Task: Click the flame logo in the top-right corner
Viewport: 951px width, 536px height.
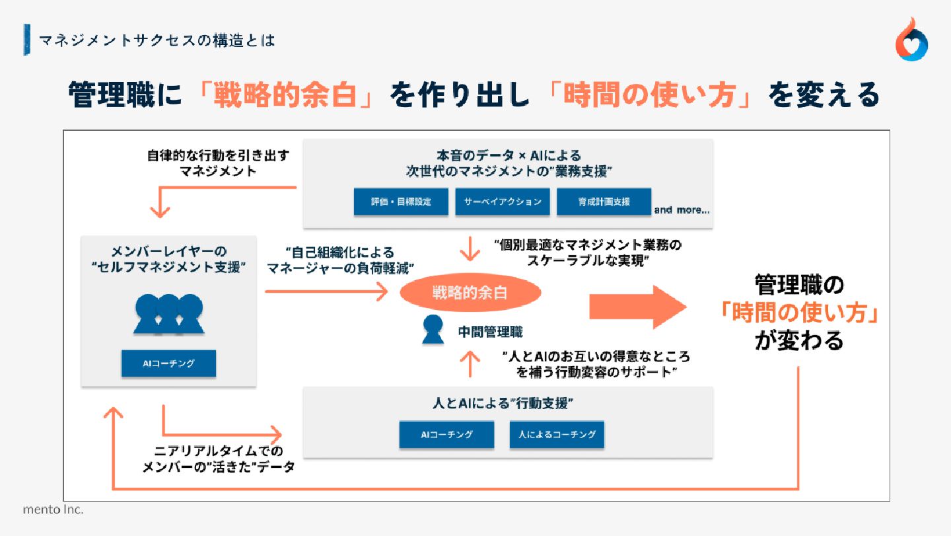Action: coord(912,40)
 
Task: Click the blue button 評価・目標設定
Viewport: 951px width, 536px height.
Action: coord(401,202)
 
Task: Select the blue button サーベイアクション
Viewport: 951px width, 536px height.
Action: coord(503,202)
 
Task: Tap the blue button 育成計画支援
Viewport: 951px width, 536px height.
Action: coord(604,202)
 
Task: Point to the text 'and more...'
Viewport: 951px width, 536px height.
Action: coord(682,210)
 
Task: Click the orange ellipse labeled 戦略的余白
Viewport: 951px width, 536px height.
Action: coord(470,293)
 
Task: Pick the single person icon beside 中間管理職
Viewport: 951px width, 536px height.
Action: coord(433,330)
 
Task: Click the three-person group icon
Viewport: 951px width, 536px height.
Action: coord(168,313)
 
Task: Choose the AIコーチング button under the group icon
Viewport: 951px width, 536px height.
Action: coord(168,363)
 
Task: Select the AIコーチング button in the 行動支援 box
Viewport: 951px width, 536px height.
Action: coord(446,435)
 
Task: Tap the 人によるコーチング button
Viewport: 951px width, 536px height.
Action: coord(557,435)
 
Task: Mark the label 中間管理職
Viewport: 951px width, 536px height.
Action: coord(490,332)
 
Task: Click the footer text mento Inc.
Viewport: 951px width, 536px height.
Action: coord(53,510)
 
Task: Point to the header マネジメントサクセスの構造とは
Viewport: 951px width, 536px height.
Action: coord(157,41)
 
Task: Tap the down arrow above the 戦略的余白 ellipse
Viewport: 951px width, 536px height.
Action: coord(470,249)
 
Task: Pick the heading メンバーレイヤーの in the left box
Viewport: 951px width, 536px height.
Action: coord(168,252)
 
